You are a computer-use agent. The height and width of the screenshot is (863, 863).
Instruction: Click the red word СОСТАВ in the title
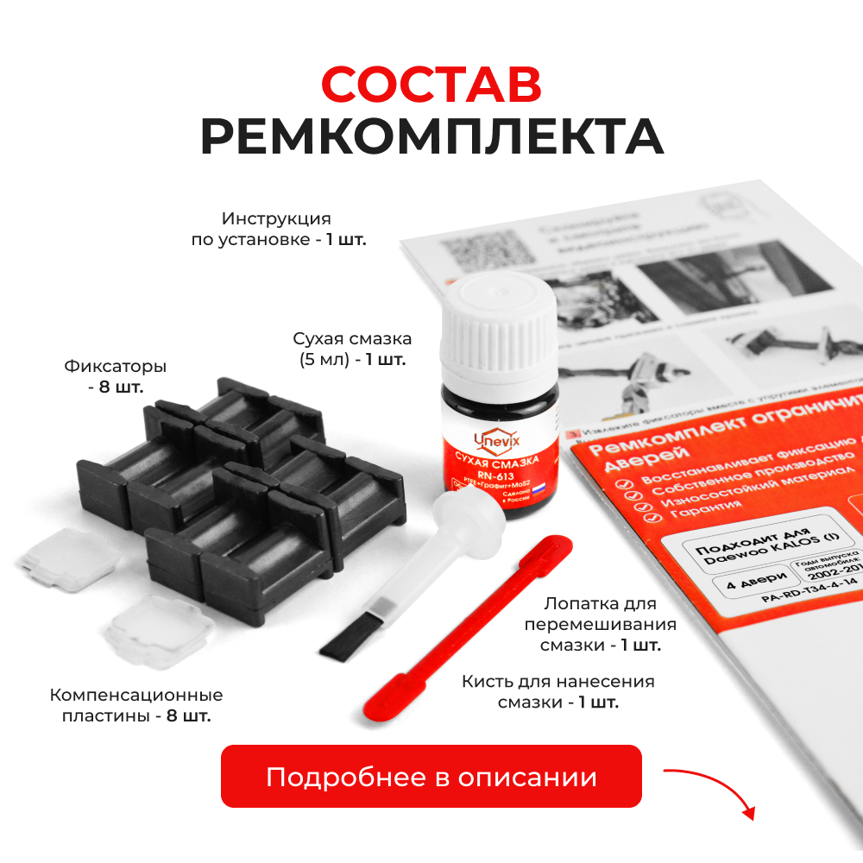coord(431,85)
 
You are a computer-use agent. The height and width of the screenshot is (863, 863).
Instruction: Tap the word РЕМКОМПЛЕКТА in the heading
coord(431,135)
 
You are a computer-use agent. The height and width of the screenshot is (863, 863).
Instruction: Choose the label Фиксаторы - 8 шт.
coord(116,376)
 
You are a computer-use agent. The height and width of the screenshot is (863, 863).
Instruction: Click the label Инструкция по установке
coord(278,229)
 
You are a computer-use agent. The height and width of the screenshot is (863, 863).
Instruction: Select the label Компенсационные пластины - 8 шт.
coord(136,705)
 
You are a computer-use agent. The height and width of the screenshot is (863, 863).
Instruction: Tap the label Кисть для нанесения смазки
coord(558,691)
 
